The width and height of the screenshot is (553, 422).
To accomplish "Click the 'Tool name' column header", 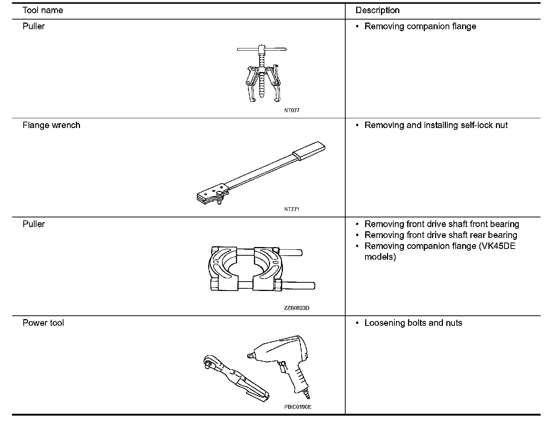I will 42,10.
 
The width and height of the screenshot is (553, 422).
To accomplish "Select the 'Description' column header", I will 377,10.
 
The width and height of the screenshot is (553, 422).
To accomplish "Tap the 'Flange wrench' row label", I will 51,125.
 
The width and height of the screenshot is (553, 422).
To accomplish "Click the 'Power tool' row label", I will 43,323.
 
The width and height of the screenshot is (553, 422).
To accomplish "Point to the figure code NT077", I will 292,110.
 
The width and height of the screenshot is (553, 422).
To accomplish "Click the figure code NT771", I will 292,209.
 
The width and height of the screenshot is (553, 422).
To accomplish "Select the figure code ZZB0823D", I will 296,308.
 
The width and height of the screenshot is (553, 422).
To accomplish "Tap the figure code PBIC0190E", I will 298,407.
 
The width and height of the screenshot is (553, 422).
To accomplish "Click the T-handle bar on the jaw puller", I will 261,49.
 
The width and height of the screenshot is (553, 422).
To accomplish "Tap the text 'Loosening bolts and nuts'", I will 413,323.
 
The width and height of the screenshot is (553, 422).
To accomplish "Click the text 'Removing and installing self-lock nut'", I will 436,125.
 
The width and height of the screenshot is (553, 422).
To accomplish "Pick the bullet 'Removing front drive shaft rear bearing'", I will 441,235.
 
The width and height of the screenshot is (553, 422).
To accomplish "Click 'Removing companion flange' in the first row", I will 420,26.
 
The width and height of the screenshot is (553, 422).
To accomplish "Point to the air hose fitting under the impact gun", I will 307,394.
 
